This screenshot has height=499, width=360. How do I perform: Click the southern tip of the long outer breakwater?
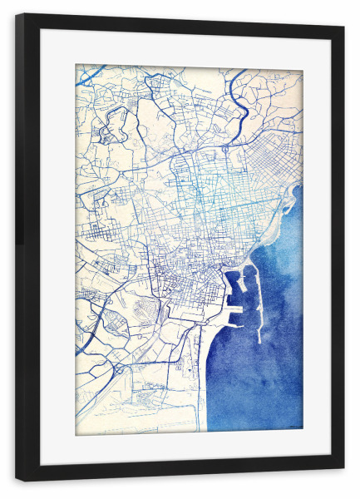click(x=260, y=341)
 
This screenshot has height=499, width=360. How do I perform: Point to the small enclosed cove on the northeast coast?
click(x=290, y=199)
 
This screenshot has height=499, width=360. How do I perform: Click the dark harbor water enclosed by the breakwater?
click(x=245, y=299)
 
